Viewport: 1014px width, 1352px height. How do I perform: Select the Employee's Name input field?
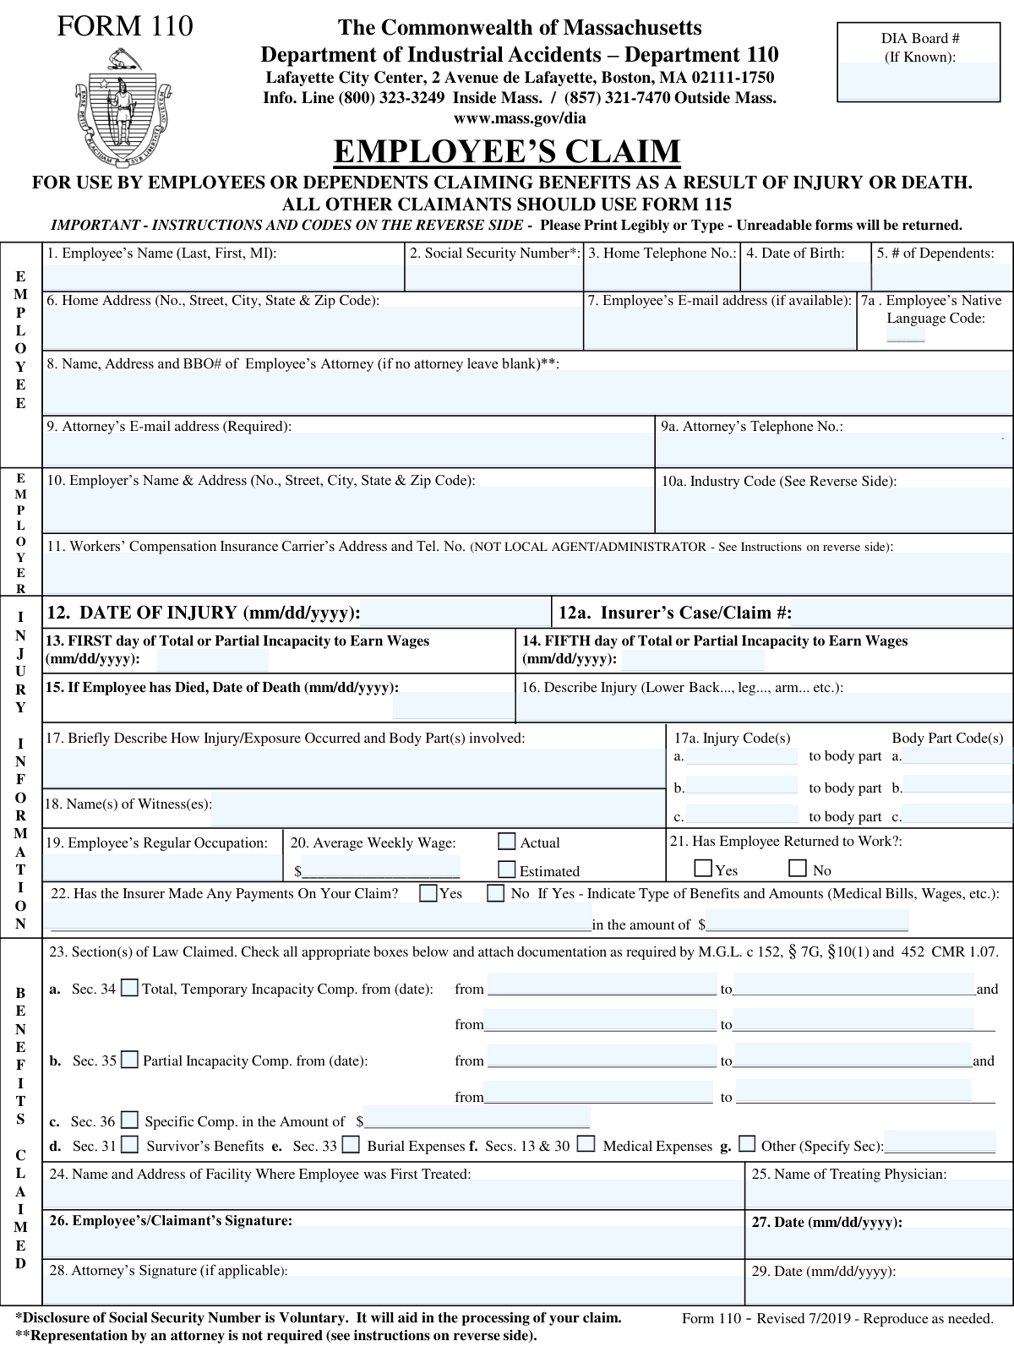(224, 277)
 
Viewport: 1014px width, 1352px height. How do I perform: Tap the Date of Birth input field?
(806, 277)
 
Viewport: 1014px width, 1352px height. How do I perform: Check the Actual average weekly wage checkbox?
(507, 842)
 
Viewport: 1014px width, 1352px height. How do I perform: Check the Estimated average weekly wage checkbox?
(507, 870)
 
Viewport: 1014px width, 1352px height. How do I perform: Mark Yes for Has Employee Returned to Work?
(703, 869)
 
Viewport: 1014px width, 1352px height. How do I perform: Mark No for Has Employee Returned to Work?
(798, 869)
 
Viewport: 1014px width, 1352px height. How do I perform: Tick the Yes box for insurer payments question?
(428, 893)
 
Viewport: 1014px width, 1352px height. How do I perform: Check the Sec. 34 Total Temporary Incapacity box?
(129, 988)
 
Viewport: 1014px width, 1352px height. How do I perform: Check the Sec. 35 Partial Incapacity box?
(129, 1060)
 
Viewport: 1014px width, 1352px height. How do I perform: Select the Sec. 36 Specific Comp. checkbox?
(129, 1120)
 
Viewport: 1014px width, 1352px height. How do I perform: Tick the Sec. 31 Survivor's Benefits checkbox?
(129, 1145)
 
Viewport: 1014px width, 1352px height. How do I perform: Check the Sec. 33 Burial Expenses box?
(351, 1145)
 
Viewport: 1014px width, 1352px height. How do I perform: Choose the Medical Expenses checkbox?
(586, 1145)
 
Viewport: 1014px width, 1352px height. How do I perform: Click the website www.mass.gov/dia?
(520, 118)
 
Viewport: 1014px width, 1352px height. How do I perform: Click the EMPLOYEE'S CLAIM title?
(507, 152)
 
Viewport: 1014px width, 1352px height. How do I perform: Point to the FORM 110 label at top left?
(125, 27)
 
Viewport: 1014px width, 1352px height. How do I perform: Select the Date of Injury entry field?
(456, 613)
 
